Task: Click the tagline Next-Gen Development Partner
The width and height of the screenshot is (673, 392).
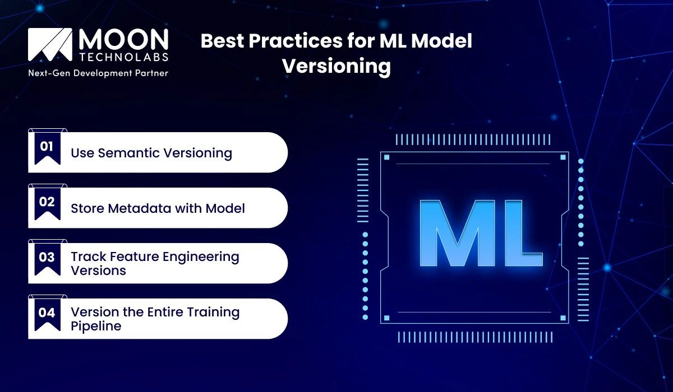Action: [x=98, y=73]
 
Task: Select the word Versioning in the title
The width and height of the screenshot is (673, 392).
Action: [x=336, y=66]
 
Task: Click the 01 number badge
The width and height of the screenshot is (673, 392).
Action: [x=47, y=147]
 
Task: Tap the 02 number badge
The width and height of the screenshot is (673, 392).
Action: [x=47, y=202]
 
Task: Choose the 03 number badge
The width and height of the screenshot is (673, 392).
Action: [x=47, y=258]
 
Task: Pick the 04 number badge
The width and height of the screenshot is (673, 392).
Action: [x=47, y=313]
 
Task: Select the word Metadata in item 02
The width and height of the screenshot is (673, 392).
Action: [x=155, y=208]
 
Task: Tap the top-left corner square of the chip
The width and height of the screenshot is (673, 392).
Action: [x=386, y=157]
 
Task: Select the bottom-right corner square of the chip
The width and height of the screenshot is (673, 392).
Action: [x=563, y=318]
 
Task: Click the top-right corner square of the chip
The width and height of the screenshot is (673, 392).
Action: [x=563, y=157]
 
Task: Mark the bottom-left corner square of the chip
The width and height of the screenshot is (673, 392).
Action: [x=386, y=318]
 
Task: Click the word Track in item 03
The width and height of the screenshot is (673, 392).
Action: [x=86, y=257]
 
